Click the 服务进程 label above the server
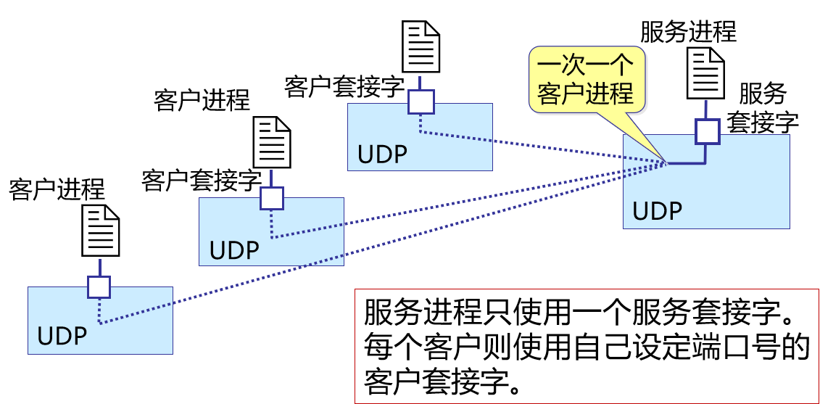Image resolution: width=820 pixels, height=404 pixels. (687, 32)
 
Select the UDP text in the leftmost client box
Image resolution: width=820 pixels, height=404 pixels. (62, 337)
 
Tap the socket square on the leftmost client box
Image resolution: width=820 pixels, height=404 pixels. (99, 287)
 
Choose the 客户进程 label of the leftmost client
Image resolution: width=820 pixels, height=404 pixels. (57, 189)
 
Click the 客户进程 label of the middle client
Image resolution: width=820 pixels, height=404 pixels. (202, 100)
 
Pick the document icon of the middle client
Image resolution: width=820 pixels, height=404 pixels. (272, 143)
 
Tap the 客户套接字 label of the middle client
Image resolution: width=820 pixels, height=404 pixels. (201, 181)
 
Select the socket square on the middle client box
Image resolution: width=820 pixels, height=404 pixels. (271, 197)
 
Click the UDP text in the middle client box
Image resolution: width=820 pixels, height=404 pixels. (234, 250)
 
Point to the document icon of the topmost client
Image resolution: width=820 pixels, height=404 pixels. (421, 46)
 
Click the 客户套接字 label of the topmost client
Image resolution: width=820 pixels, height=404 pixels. (344, 86)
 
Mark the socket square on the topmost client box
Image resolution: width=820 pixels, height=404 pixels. (421, 102)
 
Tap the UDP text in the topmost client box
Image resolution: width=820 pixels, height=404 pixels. (382, 154)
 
